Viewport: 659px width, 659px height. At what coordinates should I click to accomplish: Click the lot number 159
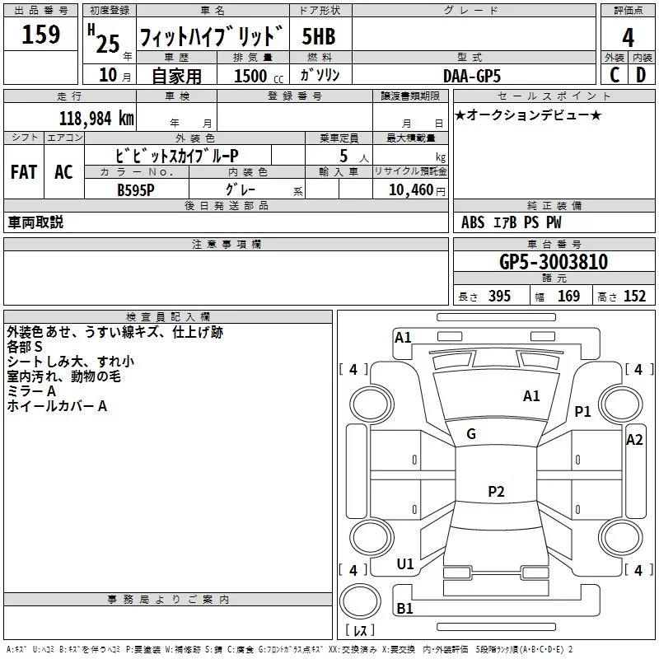[41, 35]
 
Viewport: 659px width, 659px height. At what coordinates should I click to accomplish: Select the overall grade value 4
[629, 37]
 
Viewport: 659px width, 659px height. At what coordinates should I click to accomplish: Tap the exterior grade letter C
[614, 75]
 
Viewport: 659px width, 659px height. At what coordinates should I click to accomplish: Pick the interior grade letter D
[641, 75]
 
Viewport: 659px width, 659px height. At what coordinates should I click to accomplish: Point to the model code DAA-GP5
[472, 76]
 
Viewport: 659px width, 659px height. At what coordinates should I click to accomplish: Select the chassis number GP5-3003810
[554, 263]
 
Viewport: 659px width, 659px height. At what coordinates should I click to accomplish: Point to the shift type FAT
[24, 172]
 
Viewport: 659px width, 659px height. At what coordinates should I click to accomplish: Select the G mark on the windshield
[471, 434]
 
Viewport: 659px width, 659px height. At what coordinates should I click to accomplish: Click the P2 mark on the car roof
[496, 492]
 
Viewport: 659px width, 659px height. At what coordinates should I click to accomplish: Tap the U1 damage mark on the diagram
[405, 564]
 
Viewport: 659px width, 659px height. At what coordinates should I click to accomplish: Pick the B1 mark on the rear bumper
[404, 609]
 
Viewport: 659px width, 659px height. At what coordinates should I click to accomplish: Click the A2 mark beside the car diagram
[634, 440]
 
